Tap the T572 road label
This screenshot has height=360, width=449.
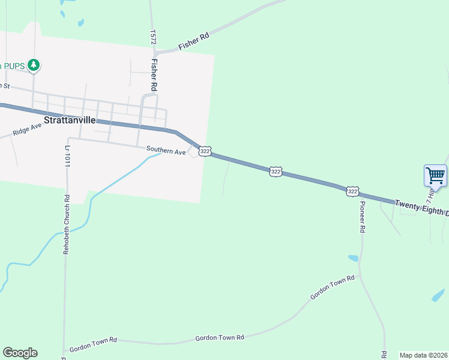pos(154,37)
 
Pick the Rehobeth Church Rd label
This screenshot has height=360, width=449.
pos(67,224)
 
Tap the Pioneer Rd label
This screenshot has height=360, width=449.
pos(363,217)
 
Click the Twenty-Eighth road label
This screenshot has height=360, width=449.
pos(420,208)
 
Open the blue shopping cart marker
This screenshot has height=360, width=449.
pos(435,176)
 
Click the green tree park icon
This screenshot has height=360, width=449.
pos(34,64)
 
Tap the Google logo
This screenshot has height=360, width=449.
pos(20,353)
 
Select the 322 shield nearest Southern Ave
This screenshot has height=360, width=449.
pos(205,152)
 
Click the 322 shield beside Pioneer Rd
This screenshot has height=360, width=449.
pos(352,191)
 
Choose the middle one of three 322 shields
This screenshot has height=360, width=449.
pos(276,172)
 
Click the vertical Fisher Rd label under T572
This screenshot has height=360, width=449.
pos(154,74)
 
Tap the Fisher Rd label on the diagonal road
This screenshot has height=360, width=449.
pos(193,40)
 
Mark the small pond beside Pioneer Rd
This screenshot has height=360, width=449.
pos(353,258)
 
